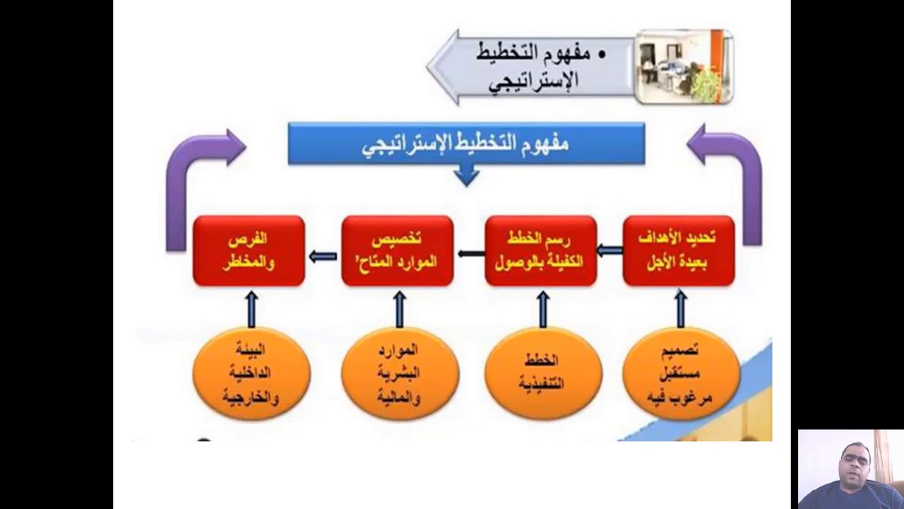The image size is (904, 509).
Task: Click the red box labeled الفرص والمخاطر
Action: pos(249,251)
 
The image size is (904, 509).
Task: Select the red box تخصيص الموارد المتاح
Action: pos(397,251)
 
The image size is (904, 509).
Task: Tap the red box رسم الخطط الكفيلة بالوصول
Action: pos(541,251)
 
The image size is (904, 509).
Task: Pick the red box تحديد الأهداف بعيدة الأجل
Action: pos(679,251)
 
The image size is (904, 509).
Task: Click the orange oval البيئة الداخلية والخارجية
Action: pos(251,373)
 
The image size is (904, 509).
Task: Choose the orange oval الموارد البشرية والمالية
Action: pos(400,373)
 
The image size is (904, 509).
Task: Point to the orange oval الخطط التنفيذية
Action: pos(543,373)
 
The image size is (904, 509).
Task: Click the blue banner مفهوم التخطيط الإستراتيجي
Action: pos(466,144)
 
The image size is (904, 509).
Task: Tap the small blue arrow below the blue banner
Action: pos(466,175)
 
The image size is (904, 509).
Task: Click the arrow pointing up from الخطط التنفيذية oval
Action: pos(543,308)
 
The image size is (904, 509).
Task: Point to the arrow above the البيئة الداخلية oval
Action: pos(251,308)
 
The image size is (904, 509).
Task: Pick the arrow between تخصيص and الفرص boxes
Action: pos(323,256)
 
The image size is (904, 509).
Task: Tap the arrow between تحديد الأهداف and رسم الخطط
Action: pos(609,250)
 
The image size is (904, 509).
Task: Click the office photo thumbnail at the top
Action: pos(683,66)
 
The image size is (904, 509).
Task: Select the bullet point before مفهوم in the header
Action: pos(602,54)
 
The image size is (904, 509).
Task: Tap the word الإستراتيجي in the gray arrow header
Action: pos(533,80)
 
